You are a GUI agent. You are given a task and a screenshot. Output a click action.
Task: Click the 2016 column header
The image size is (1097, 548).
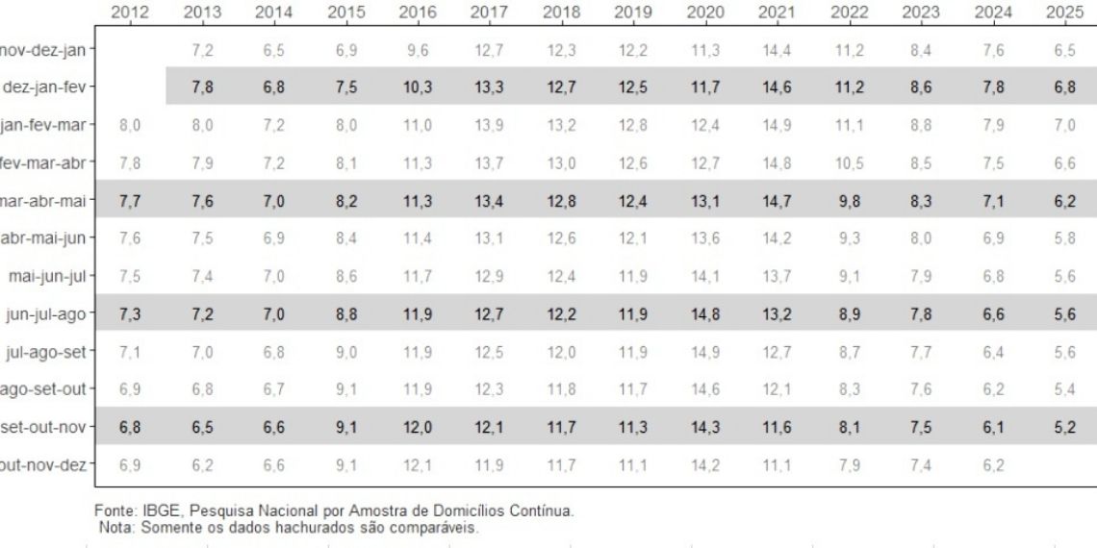[418, 12]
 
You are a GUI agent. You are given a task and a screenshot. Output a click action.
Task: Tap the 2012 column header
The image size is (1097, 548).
[130, 12]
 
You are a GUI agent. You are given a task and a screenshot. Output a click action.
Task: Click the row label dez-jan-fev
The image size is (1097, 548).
[48, 87]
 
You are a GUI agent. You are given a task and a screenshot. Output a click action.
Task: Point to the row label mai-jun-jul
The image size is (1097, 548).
[47, 277]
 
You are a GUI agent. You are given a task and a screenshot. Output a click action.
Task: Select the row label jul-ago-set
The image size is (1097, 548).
[48, 352]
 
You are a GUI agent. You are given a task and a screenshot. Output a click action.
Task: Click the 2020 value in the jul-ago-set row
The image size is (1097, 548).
[705, 352]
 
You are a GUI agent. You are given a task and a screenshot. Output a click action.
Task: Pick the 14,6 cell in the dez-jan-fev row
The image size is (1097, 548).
[776, 87]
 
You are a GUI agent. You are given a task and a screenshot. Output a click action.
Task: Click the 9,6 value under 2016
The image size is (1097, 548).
[418, 48]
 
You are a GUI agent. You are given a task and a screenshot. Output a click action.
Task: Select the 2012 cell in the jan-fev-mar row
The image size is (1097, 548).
[130, 124]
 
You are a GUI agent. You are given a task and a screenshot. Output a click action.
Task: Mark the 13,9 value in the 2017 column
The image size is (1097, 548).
[489, 124]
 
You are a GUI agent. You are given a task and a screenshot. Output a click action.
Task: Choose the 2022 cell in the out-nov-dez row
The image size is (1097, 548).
[849, 465]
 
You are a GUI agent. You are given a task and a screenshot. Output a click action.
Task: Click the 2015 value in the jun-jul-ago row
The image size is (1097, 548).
[345, 314]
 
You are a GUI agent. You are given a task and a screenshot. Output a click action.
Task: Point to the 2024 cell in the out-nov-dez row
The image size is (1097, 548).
[991, 465]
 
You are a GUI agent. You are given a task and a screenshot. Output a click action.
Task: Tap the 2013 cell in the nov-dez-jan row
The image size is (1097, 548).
[202, 48]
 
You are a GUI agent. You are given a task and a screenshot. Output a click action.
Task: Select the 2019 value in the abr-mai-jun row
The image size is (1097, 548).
[633, 238]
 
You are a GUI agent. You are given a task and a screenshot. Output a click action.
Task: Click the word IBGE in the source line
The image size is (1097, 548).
[156, 511]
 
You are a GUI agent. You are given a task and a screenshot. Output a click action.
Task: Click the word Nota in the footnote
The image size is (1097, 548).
[117, 526]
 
